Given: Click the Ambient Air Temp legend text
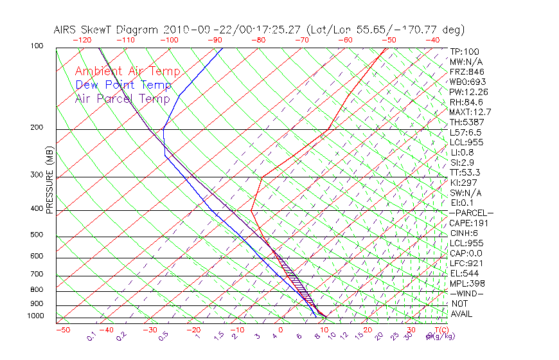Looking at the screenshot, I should tap(127, 71).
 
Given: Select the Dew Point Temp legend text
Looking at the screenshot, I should tap(123, 85).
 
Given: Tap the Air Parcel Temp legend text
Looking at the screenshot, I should tap(122, 98).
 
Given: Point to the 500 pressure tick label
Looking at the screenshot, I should tap(37, 236).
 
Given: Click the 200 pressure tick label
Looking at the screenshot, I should tap(37, 128).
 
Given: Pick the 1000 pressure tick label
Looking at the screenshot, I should tap(36, 316).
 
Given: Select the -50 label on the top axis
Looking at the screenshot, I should tap(389, 40).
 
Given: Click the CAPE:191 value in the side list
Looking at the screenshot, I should tap(469, 223).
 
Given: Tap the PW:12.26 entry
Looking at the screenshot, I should tap(469, 92).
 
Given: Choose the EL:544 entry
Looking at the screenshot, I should tap(465, 273).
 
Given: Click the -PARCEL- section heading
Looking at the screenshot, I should tap(471, 213).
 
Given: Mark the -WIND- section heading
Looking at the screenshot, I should tap(466, 293).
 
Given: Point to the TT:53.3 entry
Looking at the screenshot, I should tap(465, 172).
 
